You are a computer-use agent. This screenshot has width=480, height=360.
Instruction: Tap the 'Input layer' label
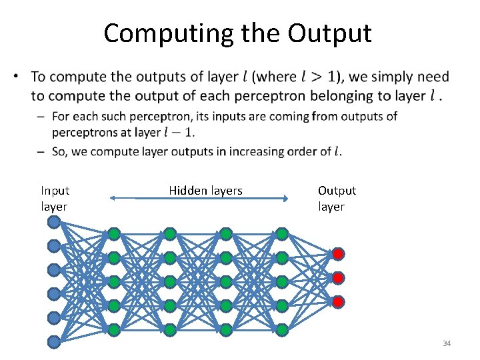point(55,198)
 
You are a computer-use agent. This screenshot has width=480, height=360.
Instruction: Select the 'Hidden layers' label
point(205,191)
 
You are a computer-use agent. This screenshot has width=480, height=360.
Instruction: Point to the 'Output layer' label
point(337,198)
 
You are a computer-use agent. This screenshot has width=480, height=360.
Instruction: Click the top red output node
point(338,253)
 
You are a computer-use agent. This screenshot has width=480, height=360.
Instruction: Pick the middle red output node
point(338,277)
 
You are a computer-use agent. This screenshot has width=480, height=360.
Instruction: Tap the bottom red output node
point(338,301)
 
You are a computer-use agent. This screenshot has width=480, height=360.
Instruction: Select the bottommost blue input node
point(54,342)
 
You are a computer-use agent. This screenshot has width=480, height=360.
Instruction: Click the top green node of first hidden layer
point(114,234)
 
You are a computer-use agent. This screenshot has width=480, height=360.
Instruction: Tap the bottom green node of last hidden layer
point(282,329)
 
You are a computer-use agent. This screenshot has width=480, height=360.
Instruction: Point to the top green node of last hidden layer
point(282,234)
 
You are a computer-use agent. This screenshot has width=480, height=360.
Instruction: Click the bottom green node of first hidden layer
point(114,329)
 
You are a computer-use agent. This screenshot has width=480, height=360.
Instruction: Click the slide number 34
point(447,343)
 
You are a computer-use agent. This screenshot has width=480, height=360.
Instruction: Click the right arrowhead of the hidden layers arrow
point(285,198)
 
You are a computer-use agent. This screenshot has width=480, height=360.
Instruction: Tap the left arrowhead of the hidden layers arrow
point(111,198)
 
